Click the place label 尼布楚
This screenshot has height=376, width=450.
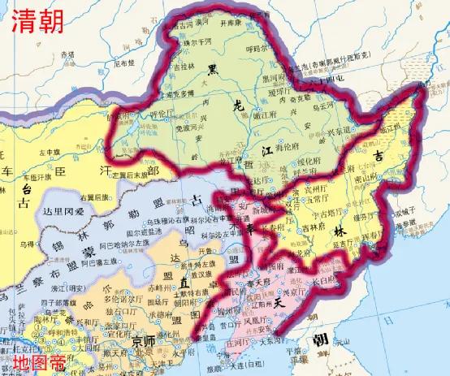pyautogui.click(x=123, y=62)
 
